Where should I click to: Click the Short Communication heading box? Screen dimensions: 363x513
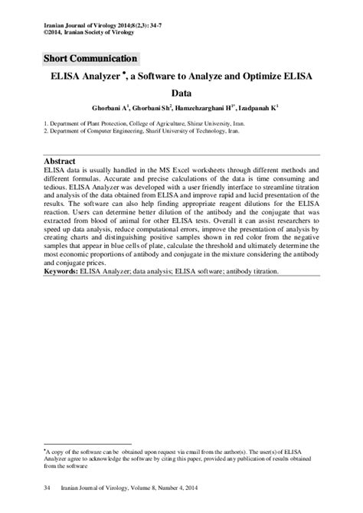pyautogui.click(x=91, y=59)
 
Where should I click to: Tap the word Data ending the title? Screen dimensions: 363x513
pyautogui.click(x=181, y=98)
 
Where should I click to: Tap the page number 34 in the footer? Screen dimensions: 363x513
pyautogui.click(x=49, y=487)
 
